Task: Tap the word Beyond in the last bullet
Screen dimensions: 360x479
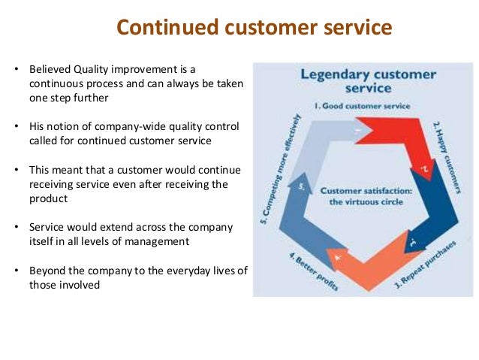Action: point(47,271)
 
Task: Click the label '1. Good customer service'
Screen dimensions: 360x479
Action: point(362,106)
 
